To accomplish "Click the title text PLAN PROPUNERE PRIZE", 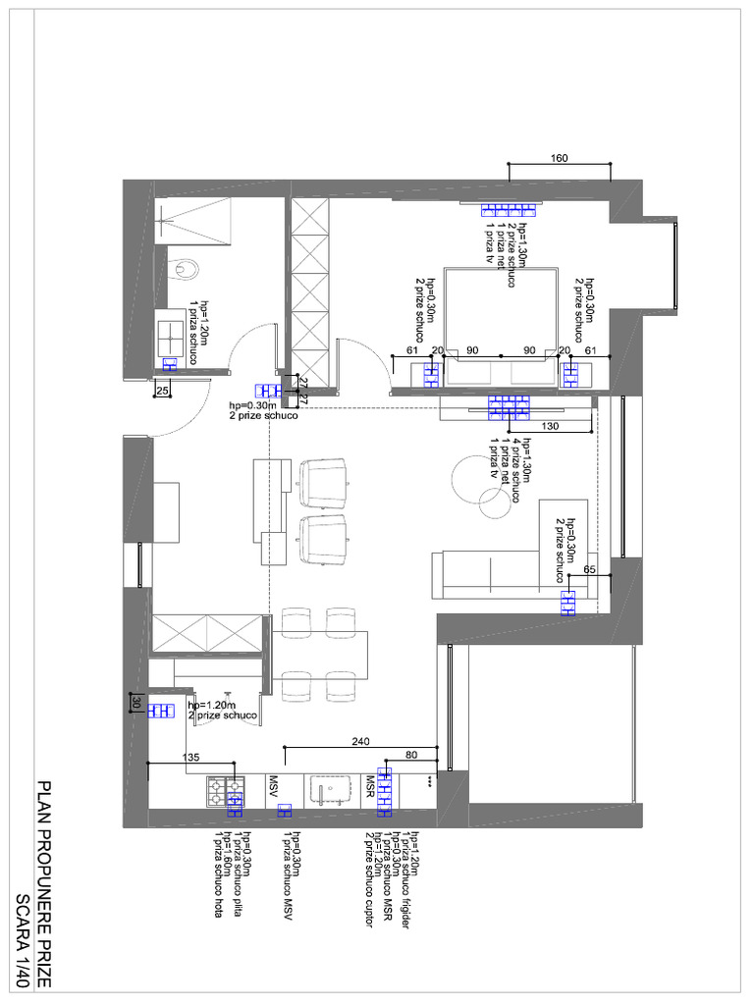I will click(43, 883).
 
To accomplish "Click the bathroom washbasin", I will click(174, 333).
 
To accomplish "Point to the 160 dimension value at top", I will click(559, 158).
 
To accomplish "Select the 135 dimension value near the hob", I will click(191, 757).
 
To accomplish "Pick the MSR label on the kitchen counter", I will click(371, 786).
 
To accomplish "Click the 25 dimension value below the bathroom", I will click(162, 392).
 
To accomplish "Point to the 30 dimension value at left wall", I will click(136, 703).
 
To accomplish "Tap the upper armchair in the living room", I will click(324, 481).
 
